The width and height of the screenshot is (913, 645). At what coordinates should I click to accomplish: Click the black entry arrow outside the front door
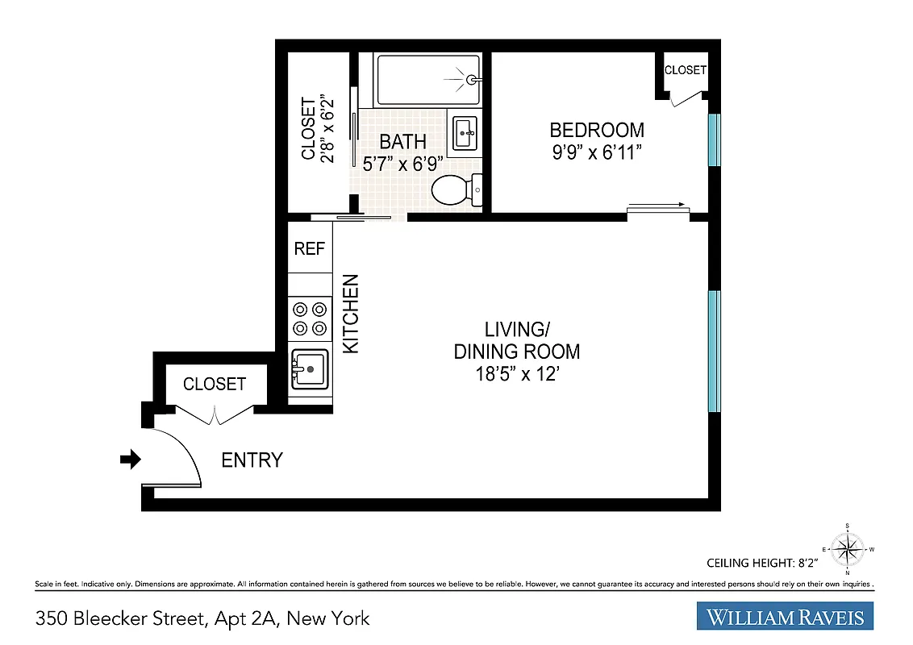(130, 460)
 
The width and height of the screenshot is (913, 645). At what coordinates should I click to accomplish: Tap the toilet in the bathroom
(453, 190)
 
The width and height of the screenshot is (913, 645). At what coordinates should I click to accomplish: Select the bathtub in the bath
(427, 79)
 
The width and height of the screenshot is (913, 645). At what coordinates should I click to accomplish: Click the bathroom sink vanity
(465, 132)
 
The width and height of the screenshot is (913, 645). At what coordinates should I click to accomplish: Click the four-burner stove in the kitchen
(310, 318)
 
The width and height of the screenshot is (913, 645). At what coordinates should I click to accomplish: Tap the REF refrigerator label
(310, 248)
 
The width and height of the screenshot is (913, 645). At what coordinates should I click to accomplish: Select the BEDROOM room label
(597, 130)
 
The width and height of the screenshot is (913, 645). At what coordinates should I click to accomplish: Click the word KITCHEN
(351, 314)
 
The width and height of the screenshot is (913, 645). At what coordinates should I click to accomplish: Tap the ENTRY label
(252, 460)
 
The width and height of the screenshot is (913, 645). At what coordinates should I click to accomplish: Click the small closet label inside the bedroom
(685, 70)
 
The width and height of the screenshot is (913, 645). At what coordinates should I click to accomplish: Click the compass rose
(847, 551)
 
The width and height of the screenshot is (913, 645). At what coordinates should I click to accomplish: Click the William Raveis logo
(785, 617)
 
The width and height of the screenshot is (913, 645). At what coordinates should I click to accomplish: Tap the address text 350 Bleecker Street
(202, 618)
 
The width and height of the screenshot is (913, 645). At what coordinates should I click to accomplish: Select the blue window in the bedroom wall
(714, 139)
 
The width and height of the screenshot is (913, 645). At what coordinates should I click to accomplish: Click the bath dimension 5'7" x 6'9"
(402, 162)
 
